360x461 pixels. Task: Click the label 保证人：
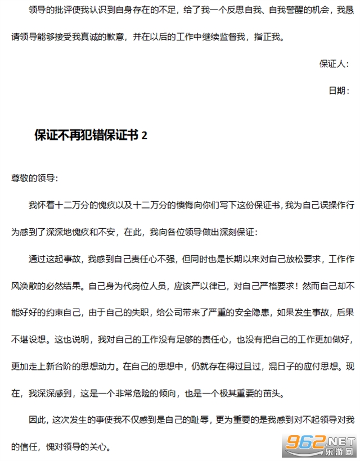[334, 64]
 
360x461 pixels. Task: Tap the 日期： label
[339, 90]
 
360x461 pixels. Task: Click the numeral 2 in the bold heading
[144, 135]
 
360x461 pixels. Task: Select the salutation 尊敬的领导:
[34, 178]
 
